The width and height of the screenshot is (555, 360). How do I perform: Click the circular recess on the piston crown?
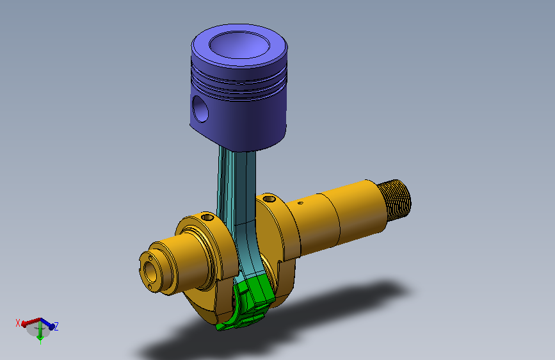pos(239,45)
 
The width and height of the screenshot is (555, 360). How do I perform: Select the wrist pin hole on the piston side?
pos(200,109)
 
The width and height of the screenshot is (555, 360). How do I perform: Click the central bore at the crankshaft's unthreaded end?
pos(151,271)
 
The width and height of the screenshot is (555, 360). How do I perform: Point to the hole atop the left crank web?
pos(207,217)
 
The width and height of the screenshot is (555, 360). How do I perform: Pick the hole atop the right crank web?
pos(269,199)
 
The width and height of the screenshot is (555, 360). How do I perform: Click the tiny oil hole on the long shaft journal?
pos(300,203)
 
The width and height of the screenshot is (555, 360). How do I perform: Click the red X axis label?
pos(18,323)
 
